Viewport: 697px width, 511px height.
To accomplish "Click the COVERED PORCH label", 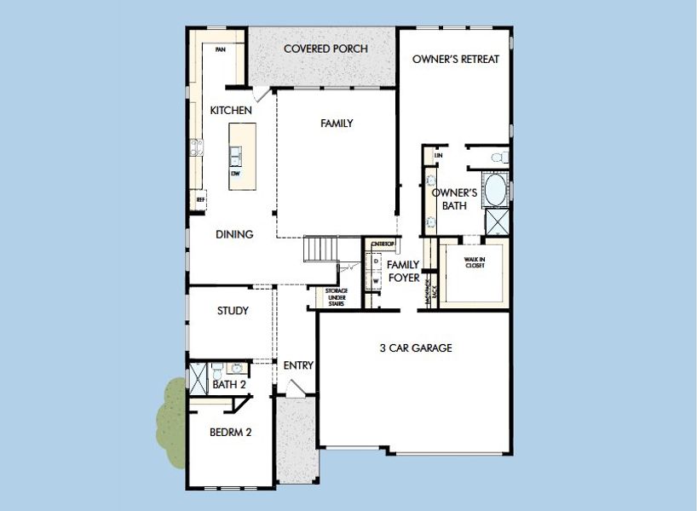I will click(325, 49).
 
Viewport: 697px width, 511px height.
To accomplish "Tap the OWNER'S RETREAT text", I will click(456, 60).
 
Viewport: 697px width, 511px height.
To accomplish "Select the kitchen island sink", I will click(235, 154).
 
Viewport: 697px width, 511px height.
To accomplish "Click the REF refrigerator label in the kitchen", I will click(201, 200).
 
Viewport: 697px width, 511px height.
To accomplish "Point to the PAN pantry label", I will click(220, 49).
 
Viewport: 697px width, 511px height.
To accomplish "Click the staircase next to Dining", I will click(322, 250).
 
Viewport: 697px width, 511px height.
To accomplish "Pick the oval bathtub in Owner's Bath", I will click(495, 190).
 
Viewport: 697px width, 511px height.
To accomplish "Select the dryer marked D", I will click(376, 261).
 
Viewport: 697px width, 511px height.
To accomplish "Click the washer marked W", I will click(376, 279).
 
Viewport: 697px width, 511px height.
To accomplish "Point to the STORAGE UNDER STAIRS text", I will click(336, 296).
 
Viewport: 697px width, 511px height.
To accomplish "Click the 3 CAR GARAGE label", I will click(416, 347).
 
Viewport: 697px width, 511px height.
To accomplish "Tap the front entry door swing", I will click(297, 388).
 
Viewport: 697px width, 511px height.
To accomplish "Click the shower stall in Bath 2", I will click(198, 376).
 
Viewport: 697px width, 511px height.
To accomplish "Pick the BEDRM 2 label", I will click(230, 432).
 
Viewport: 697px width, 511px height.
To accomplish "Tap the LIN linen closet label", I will click(439, 156).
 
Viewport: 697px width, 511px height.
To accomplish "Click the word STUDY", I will click(233, 311).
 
